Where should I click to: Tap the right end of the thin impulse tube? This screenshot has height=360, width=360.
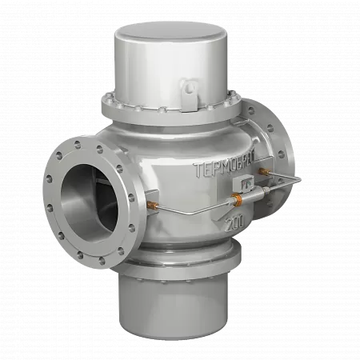click(x=298, y=178)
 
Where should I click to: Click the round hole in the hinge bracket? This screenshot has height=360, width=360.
click(x=190, y=86)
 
